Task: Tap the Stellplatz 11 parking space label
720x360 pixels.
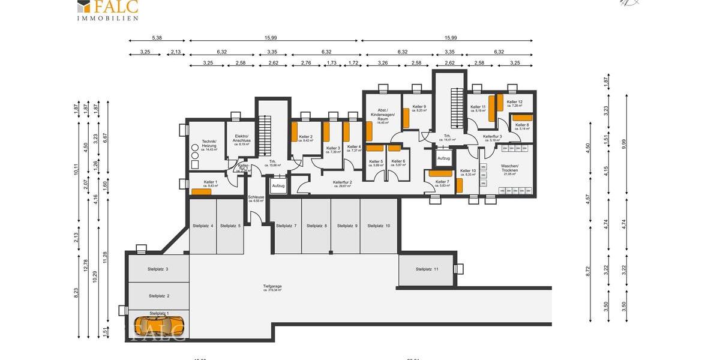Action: point(427,269)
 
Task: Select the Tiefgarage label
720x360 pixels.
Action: point(272,287)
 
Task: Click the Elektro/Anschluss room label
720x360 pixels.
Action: point(241,139)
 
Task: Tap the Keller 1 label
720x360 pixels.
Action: point(210,182)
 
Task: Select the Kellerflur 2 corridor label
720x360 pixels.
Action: point(342,182)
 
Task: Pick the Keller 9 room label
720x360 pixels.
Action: point(421,107)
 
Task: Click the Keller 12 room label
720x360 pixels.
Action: point(514,102)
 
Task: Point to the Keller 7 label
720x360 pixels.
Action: point(442,182)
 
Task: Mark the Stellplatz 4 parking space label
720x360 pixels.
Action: point(203,226)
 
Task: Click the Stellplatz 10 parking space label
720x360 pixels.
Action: point(379,226)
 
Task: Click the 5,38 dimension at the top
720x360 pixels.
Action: point(157,38)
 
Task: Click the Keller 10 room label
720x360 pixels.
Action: point(468,171)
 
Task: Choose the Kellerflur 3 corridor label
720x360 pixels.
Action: point(492,137)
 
